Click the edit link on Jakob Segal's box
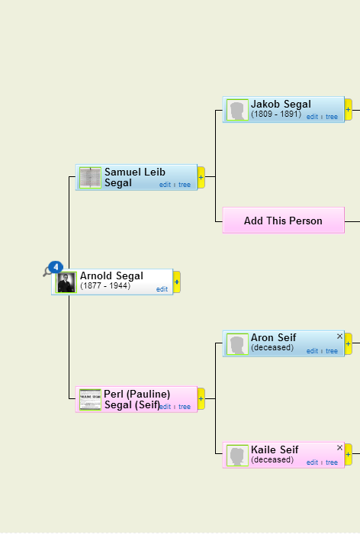[x=312, y=117]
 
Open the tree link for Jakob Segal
[x=332, y=117]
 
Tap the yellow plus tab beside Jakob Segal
[x=348, y=109]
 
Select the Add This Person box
[x=284, y=221]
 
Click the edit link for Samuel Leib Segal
[x=165, y=185]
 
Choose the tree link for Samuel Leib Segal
[x=185, y=185]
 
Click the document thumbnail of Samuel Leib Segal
[x=90, y=178]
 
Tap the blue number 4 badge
[x=56, y=267]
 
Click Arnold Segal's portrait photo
[x=66, y=282]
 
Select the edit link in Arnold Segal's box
[x=162, y=289]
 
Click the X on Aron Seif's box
[x=339, y=337]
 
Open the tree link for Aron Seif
[x=332, y=351]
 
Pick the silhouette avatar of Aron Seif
[x=237, y=344]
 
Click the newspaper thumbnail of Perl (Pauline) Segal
[x=90, y=399]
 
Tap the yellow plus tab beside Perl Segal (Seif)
[x=201, y=398]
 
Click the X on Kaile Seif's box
[x=339, y=448]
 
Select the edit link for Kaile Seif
[x=312, y=462]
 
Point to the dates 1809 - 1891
[x=276, y=114]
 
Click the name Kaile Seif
[x=275, y=449]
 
